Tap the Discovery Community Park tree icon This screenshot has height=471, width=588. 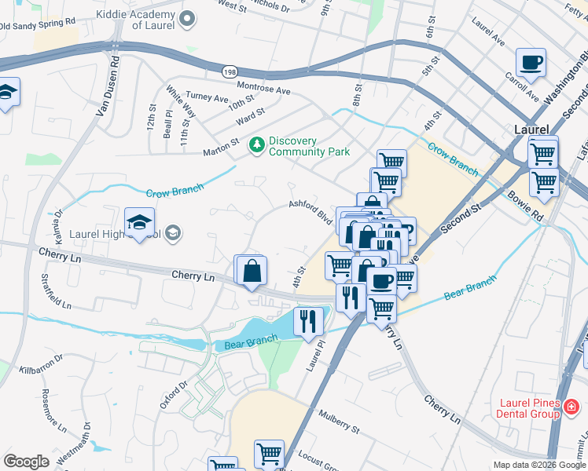click(x=256, y=144)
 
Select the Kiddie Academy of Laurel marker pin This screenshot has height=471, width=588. click(x=186, y=18)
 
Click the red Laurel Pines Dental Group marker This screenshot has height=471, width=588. click(x=571, y=406)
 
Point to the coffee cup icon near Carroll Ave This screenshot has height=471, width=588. click(x=531, y=62)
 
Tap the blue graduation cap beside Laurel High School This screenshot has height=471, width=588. click(x=139, y=221)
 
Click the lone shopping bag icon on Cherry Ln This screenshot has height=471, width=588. click(x=252, y=271)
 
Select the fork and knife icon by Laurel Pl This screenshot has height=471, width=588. click(x=308, y=320)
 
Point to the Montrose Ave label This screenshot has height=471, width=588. click(x=264, y=90)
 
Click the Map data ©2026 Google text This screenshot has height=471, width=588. click(x=538, y=465)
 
